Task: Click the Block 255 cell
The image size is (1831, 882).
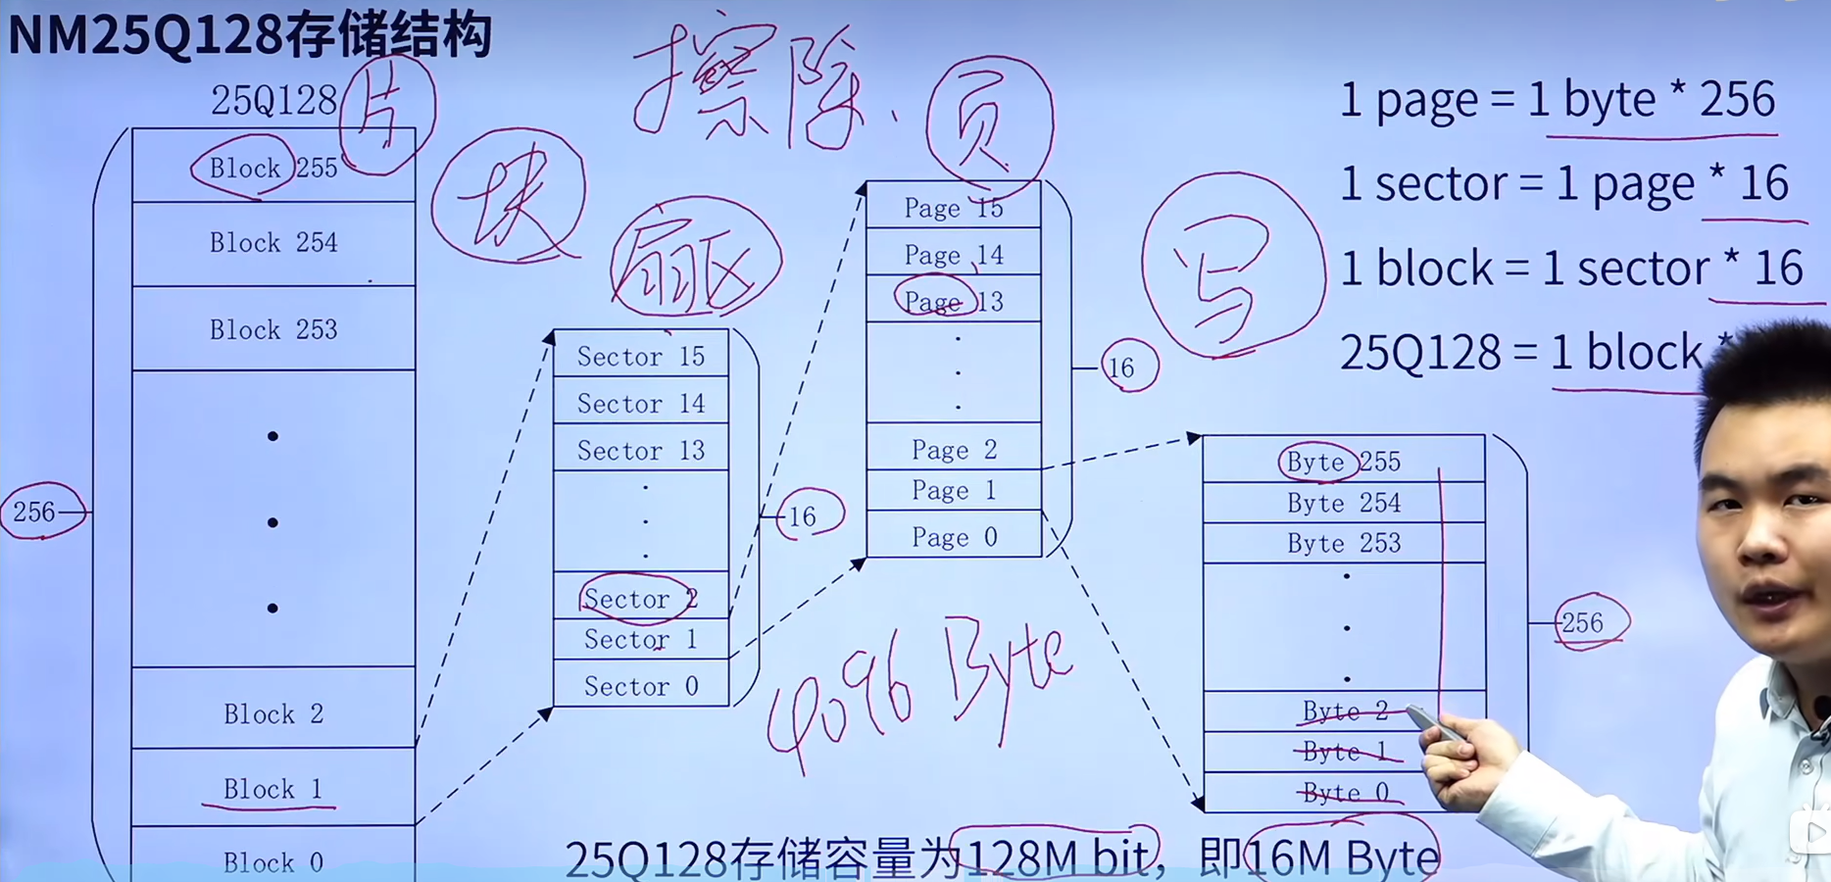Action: [273, 168]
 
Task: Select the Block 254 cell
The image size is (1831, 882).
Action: [273, 243]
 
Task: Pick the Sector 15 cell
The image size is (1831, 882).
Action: [641, 357]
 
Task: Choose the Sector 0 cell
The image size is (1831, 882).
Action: [641, 687]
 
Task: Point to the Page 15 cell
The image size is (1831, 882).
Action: [954, 208]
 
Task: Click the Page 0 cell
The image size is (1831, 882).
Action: [954, 537]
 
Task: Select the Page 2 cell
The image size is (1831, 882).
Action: [954, 450]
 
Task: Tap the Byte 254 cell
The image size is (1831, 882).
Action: [1344, 504]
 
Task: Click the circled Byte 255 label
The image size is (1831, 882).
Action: [1318, 462]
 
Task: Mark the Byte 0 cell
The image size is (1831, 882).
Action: [1344, 793]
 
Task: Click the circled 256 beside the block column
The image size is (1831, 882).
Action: [36, 512]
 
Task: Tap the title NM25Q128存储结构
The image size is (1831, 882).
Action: [249, 35]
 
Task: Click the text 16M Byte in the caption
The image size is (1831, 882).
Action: [1342, 857]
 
